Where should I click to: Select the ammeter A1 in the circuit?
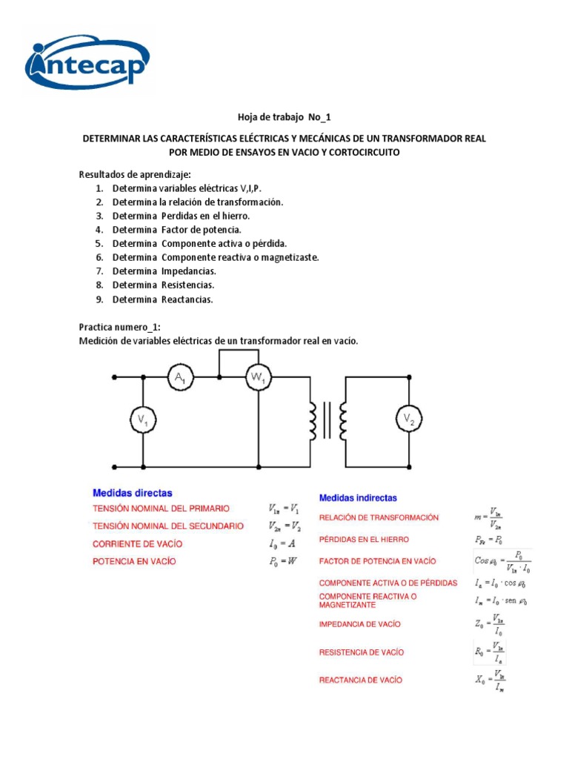coord(180,379)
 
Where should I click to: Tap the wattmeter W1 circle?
coord(259,379)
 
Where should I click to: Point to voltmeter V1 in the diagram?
coord(142,420)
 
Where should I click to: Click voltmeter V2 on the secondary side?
coord(408,420)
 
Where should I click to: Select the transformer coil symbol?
coord(328,421)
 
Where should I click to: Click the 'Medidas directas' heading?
coord(133,493)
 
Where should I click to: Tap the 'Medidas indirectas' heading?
coord(358,498)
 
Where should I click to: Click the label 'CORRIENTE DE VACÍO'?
coord(137,544)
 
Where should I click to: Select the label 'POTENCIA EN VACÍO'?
coord(134,562)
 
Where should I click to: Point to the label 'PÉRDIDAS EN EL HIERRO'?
coord(364,540)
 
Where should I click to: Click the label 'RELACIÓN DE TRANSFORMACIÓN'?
coord(379,517)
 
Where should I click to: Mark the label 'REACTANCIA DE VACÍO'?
coord(361,680)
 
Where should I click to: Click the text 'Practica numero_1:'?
coord(119,327)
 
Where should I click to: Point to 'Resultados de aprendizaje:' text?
coord(135,175)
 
